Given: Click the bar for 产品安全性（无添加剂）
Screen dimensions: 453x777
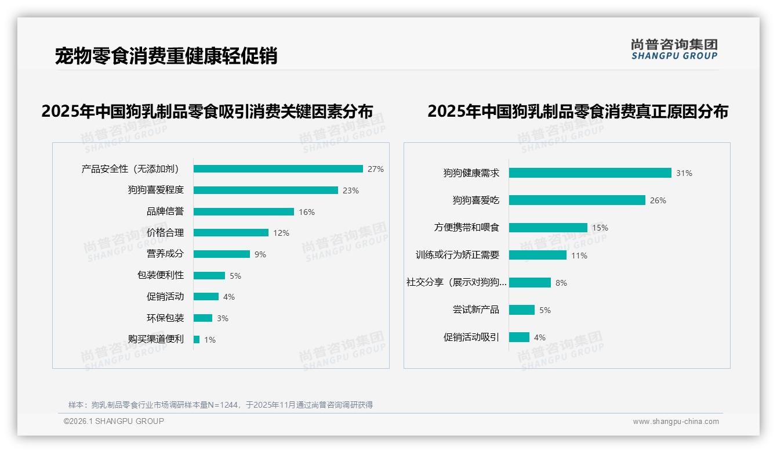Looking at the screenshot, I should pos(278,169).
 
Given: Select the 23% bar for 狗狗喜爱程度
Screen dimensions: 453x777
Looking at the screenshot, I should pos(266,190).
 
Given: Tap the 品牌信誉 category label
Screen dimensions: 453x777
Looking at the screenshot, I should pos(165,211).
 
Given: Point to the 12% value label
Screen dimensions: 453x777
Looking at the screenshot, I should pos(281,233).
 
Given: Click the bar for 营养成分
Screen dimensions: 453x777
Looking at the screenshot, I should pos(222,254).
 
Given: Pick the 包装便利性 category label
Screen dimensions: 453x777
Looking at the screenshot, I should pos(160,275).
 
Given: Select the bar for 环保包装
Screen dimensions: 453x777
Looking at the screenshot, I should pos(203,318).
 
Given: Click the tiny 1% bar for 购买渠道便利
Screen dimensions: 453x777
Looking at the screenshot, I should pos(197,339).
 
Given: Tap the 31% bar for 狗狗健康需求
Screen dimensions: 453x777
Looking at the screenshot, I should pos(590,173).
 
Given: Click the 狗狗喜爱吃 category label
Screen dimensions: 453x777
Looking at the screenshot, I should pos(475,200).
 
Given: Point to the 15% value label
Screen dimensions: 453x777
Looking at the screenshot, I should pos(600,228).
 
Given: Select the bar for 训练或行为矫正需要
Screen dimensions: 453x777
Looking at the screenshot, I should pos(538,255).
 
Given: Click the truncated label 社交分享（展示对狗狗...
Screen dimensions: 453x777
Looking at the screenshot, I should pos(456,282).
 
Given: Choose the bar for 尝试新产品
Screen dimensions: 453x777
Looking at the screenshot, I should pos(522,310).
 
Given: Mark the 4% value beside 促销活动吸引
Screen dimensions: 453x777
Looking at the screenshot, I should pos(539,337).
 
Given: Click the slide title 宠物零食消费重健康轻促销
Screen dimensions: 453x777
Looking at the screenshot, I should pos(166,56).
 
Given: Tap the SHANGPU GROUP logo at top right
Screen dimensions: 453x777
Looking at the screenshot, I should pos(674,49).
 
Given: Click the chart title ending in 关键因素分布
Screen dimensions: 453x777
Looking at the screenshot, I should pos(207,111).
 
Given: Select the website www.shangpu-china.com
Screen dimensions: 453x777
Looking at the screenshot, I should pos(676,422).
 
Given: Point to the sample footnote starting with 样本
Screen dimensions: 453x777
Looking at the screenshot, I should pos(220,405).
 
